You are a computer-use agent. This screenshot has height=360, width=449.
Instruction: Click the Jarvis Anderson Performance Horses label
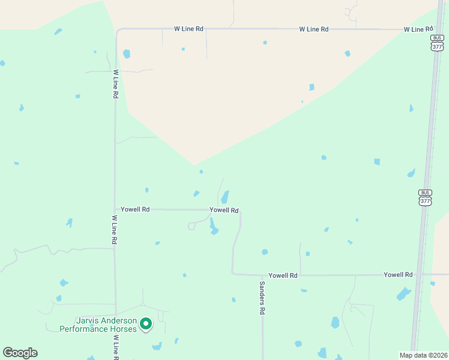click(x=98, y=325)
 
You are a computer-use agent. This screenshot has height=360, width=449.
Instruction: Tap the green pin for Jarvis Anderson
click(x=145, y=325)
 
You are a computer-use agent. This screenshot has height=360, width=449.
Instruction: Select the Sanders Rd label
click(x=262, y=299)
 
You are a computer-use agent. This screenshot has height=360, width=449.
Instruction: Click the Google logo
click(x=20, y=353)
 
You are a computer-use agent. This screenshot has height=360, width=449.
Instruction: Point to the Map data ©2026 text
click(x=423, y=355)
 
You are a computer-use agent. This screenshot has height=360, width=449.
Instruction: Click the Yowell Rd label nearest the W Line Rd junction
click(x=135, y=209)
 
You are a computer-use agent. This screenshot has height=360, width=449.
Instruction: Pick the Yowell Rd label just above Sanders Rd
click(x=283, y=275)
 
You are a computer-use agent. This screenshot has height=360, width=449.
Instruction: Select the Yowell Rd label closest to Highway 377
click(x=398, y=274)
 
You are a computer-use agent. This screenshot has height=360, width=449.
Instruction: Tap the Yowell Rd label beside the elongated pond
click(x=224, y=211)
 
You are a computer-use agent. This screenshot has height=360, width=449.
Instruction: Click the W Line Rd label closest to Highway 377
click(x=418, y=29)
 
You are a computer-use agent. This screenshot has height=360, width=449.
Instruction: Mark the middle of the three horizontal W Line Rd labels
click(x=315, y=29)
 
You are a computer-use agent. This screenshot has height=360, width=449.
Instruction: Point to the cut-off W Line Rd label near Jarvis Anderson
click(x=114, y=348)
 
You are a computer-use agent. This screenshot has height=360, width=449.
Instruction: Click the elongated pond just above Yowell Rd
click(x=225, y=197)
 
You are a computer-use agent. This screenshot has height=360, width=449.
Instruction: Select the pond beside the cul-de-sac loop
click(x=213, y=226)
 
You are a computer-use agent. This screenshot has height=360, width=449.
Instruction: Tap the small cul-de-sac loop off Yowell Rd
click(x=191, y=226)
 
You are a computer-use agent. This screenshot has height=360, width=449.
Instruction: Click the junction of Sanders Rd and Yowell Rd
click(x=262, y=275)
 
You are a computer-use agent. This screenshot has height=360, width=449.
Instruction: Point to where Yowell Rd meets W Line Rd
click(x=115, y=209)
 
